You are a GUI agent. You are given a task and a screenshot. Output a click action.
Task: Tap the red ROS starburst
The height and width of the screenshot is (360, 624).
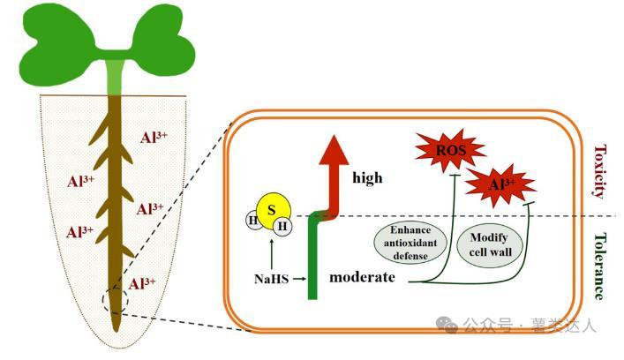click(x=449, y=151)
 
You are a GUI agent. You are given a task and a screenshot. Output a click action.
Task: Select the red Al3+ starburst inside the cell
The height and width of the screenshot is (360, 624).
click(x=500, y=184)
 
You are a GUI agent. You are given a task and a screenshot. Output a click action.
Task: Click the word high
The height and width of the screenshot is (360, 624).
click(x=367, y=177)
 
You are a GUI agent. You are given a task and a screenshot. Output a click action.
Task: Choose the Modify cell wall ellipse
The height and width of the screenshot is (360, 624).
click(x=490, y=244)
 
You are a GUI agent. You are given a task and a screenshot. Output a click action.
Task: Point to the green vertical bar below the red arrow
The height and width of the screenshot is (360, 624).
click(x=312, y=260)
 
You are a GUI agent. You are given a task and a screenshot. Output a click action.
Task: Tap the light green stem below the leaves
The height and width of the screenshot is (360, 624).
click(x=115, y=75)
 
